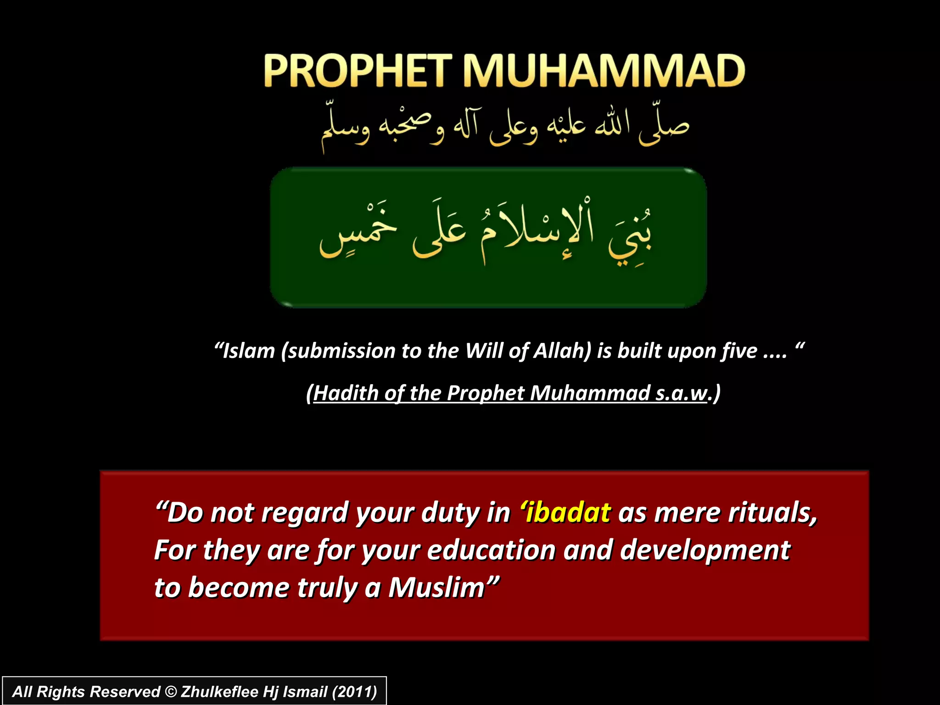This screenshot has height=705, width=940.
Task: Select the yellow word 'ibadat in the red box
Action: coord(565,512)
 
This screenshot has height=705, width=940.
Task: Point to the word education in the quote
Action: coord(492,550)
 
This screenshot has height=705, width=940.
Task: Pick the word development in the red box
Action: coord(705,551)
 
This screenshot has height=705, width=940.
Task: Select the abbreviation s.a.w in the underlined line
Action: coord(681,393)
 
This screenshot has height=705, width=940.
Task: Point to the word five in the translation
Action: coord(739,351)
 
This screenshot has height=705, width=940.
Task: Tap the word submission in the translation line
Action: coord(341,351)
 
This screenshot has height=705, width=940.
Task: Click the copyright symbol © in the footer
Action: coord(170,692)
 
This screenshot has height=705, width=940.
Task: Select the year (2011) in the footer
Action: coord(354,692)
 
